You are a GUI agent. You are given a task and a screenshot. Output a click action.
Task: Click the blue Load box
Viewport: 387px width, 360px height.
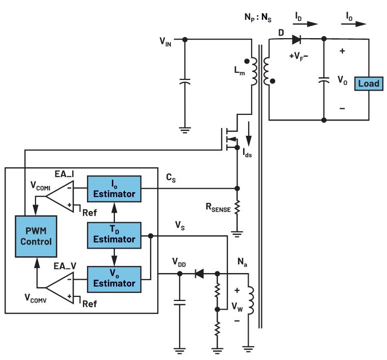[x=369, y=83]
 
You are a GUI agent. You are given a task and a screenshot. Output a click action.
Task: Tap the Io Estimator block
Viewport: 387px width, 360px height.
[x=116, y=189]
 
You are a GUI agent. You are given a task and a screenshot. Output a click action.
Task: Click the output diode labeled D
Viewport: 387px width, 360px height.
[x=297, y=39]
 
